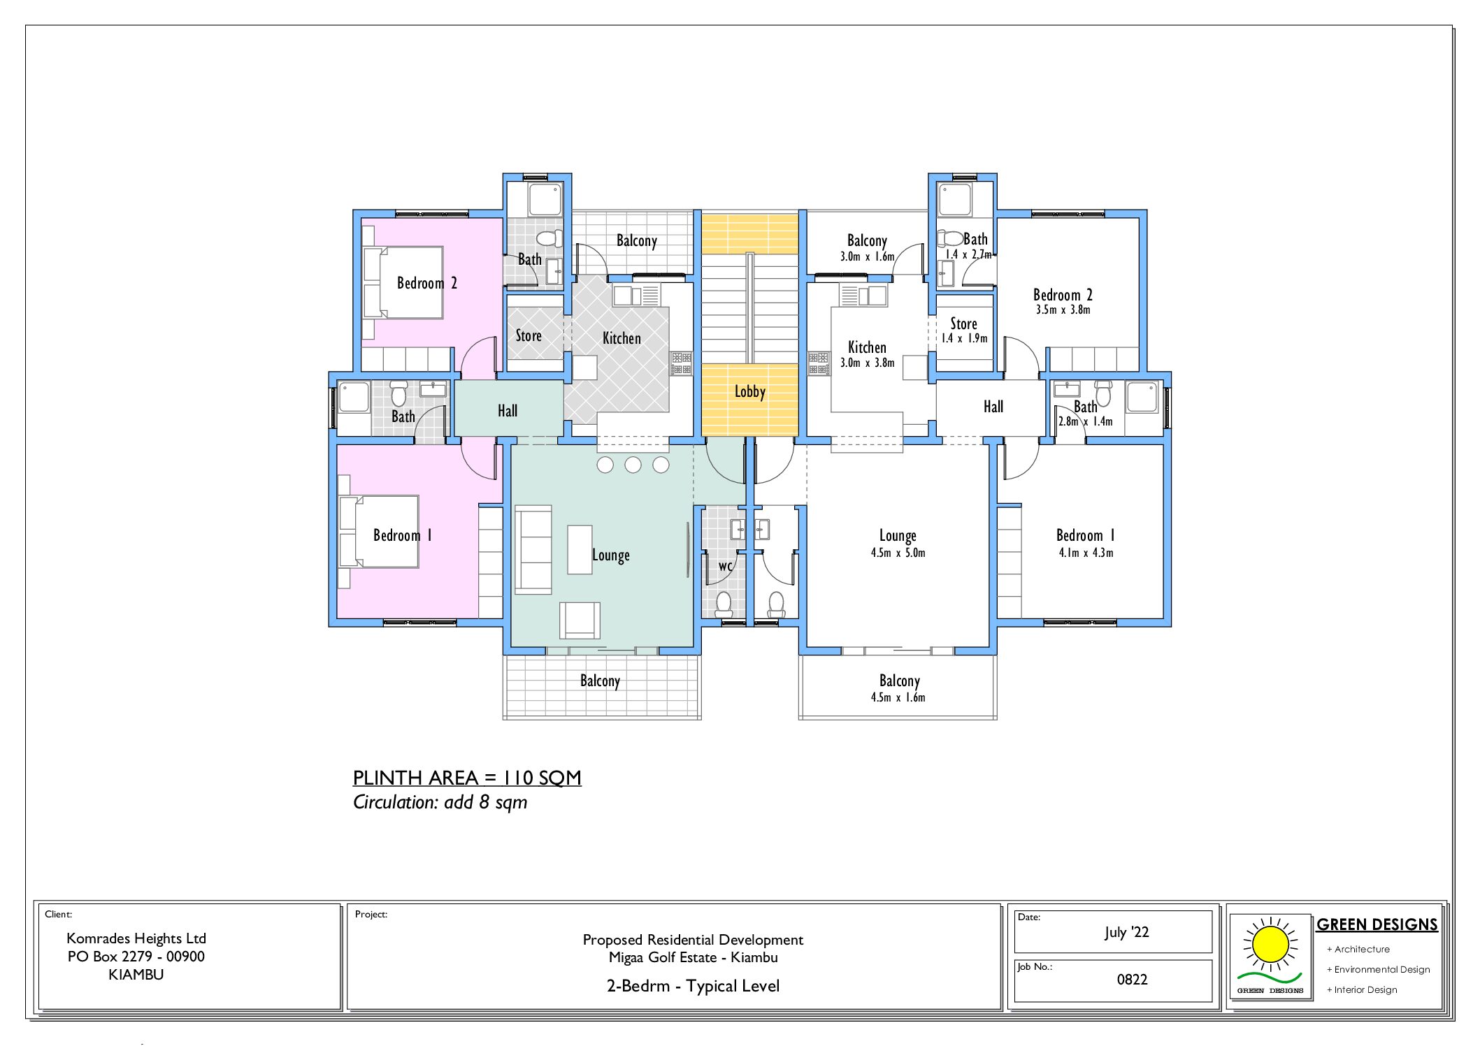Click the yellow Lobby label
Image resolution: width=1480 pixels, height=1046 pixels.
(749, 392)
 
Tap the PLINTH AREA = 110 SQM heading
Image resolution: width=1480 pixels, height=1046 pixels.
(466, 778)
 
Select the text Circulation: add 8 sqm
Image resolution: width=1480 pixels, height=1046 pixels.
(440, 802)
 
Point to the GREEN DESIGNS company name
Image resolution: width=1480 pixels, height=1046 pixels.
(1377, 924)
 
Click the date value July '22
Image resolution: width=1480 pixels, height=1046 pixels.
(1126, 932)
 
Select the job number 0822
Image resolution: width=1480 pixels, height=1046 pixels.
(1132, 980)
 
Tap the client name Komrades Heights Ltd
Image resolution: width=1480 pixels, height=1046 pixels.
(136, 938)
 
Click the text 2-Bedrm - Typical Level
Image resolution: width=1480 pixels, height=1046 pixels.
(693, 986)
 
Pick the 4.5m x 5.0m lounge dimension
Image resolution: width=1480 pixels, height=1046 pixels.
(898, 553)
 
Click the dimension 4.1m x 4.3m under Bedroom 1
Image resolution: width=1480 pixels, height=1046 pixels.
(1086, 553)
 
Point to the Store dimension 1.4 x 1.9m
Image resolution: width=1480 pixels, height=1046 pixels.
(964, 338)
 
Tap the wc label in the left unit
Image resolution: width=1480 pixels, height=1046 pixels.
(726, 565)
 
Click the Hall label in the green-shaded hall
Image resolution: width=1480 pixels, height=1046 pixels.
(508, 411)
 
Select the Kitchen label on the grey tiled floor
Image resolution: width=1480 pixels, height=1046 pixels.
(622, 338)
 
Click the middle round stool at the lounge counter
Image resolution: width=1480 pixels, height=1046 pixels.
(633, 465)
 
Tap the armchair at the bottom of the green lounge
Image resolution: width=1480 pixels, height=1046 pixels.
(579, 620)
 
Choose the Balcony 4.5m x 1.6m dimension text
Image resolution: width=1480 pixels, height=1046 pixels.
(898, 697)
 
